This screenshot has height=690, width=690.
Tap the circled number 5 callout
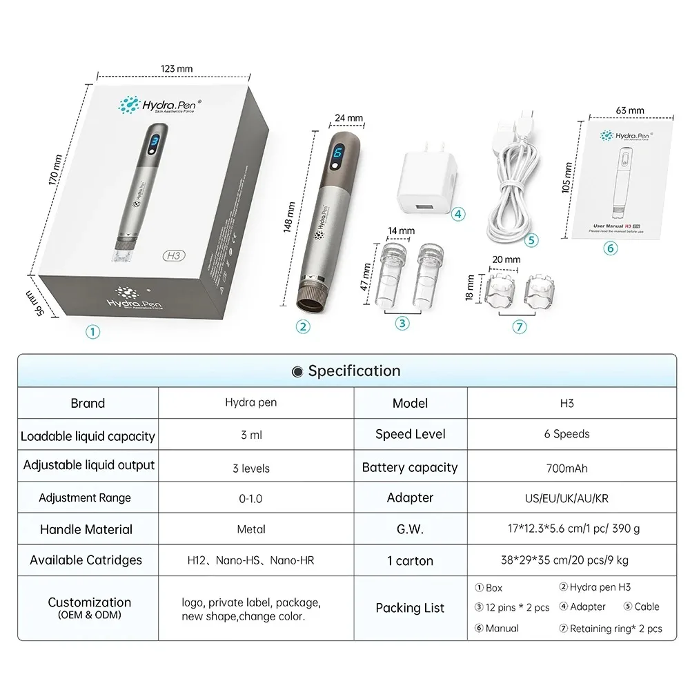530,240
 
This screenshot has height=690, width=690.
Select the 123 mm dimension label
176,68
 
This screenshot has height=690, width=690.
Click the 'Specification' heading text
354,371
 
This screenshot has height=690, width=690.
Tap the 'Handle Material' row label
86,529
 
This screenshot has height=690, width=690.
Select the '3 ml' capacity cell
255,435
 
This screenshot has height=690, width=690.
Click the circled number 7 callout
519,327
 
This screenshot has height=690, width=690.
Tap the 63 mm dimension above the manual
630,110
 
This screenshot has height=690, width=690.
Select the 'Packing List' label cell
410,608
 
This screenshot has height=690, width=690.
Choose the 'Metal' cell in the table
255,529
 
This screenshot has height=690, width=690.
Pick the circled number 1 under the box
92,331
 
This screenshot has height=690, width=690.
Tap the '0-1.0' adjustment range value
255,497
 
